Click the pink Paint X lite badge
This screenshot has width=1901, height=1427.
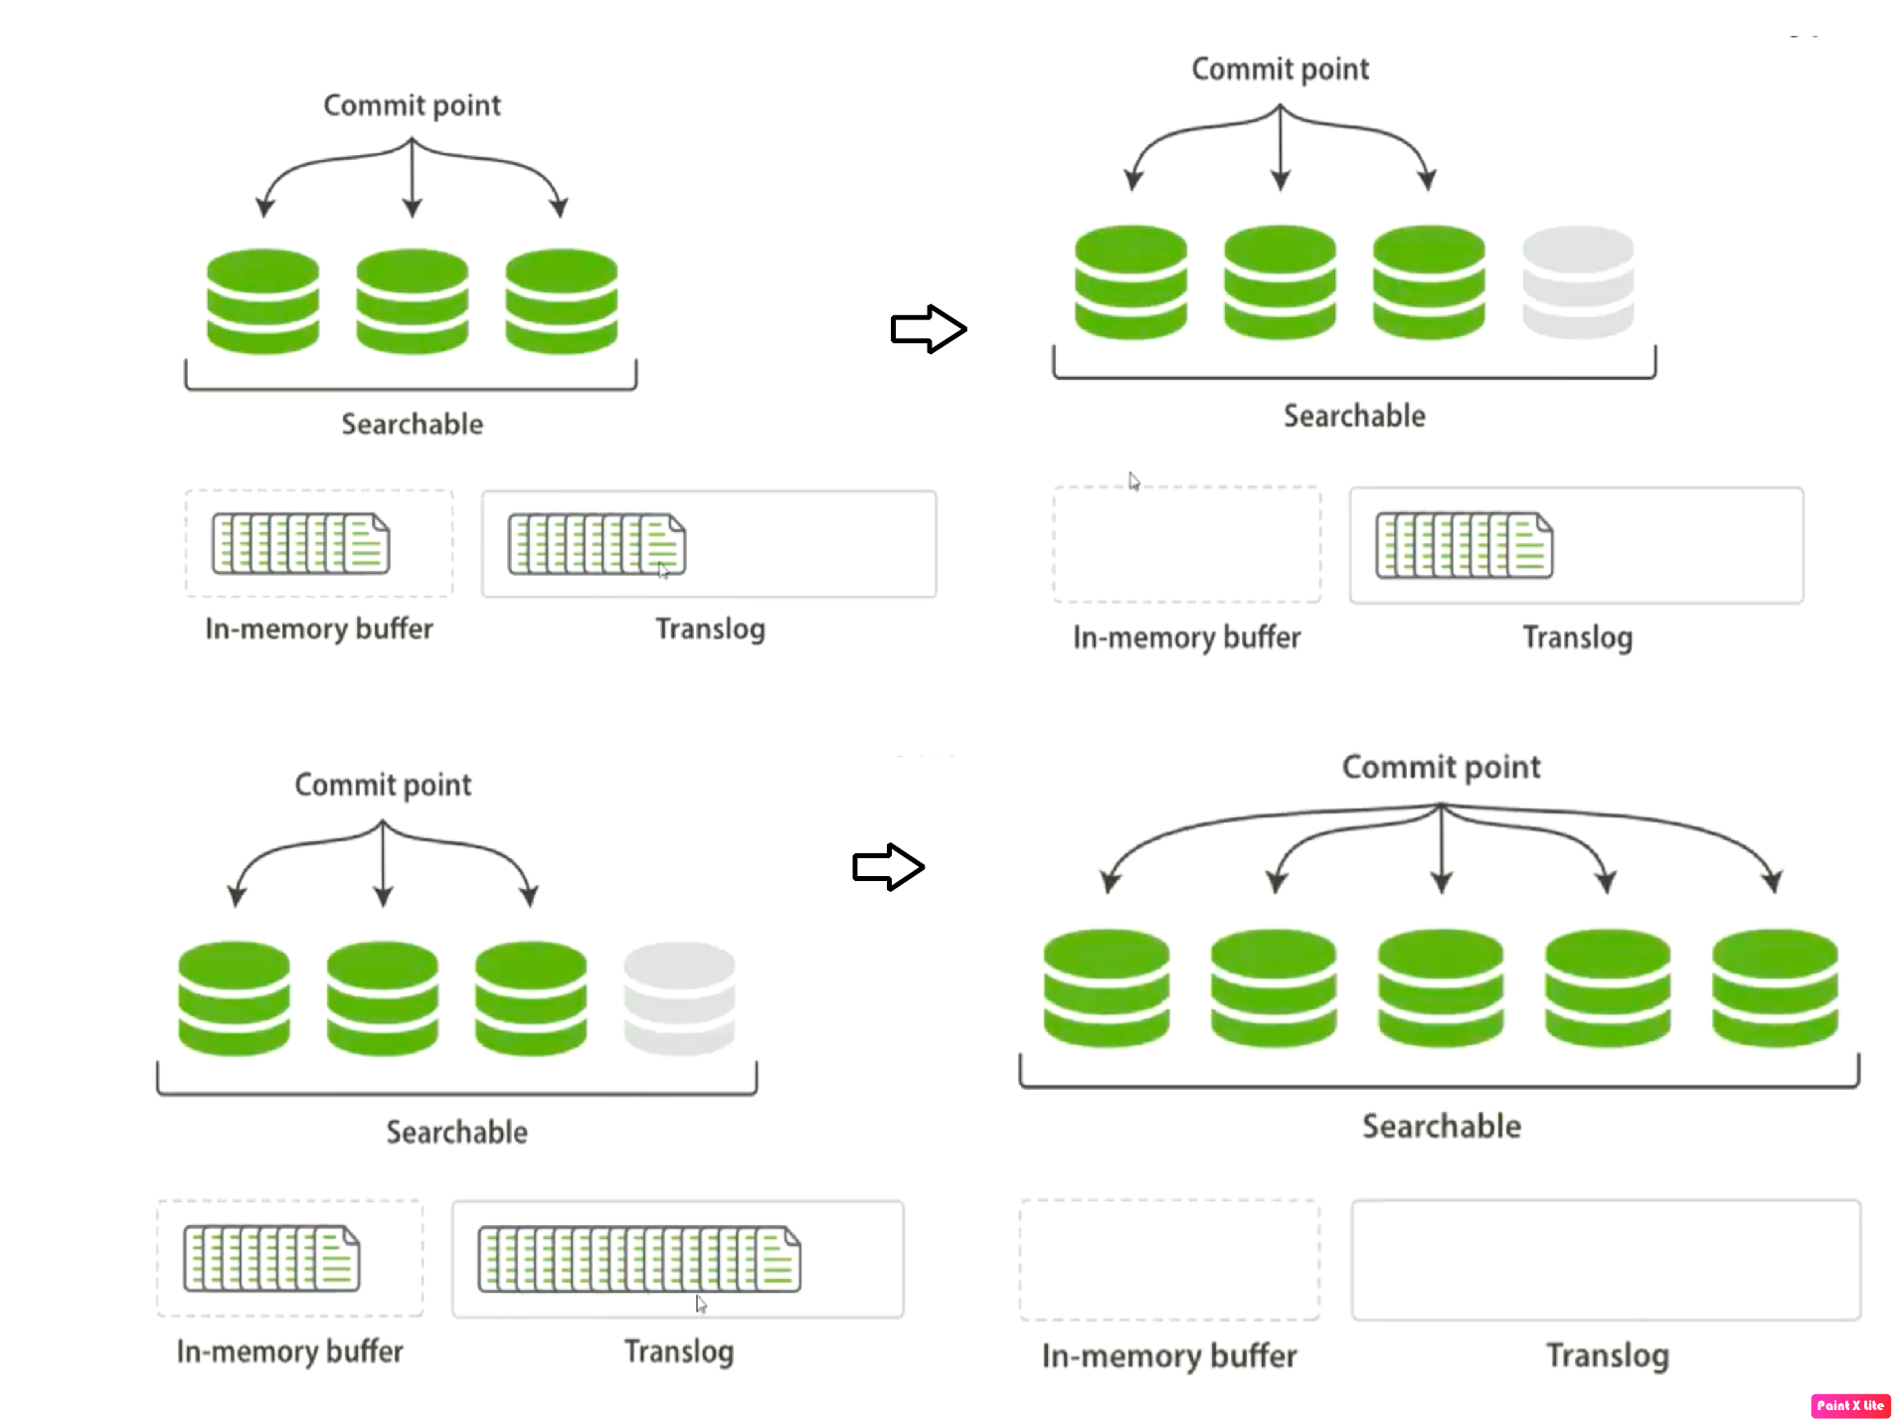click(1850, 1405)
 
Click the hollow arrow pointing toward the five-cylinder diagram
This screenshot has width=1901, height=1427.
click(888, 867)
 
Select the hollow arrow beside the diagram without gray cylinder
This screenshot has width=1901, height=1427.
click(928, 329)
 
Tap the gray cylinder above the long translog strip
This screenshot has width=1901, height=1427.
click(679, 997)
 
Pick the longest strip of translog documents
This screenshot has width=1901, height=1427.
click(639, 1259)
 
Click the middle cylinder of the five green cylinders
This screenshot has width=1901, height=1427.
click(1441, 987)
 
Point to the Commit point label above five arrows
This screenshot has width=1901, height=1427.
click(1441, 767)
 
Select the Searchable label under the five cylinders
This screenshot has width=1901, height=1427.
click(1441, 1126)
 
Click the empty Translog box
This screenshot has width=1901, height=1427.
click(1606, 1260)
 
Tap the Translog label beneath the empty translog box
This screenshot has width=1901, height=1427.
click(1607, 1355)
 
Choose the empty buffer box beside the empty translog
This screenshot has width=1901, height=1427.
click(1169, 1260)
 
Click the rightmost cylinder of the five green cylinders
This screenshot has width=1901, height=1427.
click(1775, 987)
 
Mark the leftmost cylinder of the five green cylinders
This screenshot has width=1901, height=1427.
click(1107, 987)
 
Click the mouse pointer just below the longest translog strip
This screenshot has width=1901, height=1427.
click(701, 1304)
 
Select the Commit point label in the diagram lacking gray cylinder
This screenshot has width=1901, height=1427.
click(412, 105)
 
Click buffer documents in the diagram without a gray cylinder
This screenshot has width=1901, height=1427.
click(300, 543)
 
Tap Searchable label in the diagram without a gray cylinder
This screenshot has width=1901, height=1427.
click(412, 424)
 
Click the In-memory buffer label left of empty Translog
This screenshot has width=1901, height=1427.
click(1169, 1355)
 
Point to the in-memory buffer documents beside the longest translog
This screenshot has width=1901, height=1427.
click(271, 1258)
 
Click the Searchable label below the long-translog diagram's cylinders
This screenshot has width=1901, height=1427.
click(456, 1132)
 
